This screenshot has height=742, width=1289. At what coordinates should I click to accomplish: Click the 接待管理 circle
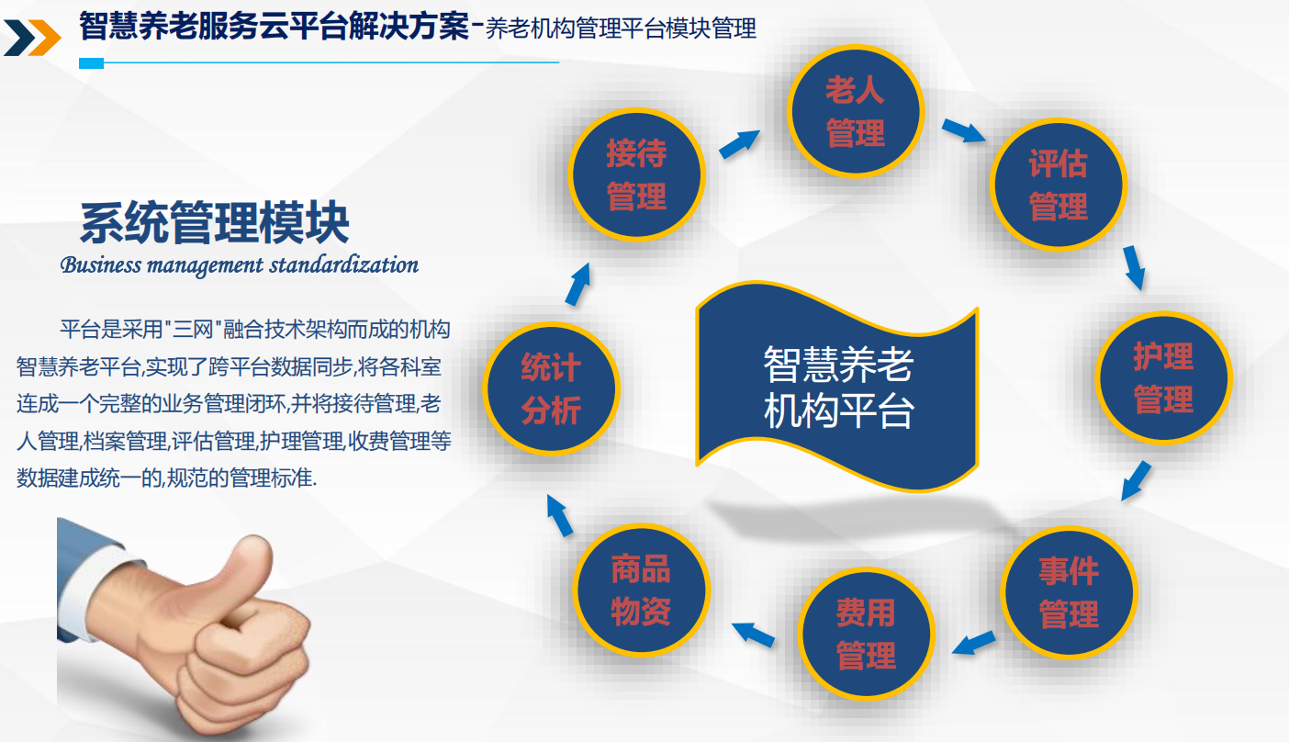pyautogui.click(x=636, y=174)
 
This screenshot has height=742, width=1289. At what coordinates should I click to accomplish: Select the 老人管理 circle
pyautogui.click(x=855, y=111)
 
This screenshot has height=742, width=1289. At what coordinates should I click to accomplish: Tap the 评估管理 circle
pyautogui.click(x=1059, y=185)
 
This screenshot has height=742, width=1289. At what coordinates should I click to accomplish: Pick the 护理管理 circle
pyautogui.click(x=1163, y=377)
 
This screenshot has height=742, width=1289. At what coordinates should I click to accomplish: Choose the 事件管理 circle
pyautogui.click(x=1069, y=592)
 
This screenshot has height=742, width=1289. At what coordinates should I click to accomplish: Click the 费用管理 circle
pyautogui.click(x=866, y=634)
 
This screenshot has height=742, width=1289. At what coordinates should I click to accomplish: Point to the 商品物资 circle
pyautogui.click(x=641, y=590)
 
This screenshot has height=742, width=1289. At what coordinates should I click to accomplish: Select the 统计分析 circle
pyautogui.click(x=551, y=389)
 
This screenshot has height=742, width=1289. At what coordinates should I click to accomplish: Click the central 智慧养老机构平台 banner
pyautogui.click(x=838, y=387)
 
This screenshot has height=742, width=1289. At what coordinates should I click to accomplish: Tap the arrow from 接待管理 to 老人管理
pyautogui.click(x=740, y=144)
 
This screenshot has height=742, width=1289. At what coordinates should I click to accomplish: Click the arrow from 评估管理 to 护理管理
pyautogui.click(x=1134, y=267)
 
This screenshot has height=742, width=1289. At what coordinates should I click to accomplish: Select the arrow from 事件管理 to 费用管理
pyautogui.click(x=974, y=643)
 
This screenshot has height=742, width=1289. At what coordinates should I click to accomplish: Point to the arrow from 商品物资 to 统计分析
pyautogui.click(x=559, y=516)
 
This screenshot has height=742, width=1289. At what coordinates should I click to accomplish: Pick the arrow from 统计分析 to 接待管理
pyautogui.click(x=578, y=284)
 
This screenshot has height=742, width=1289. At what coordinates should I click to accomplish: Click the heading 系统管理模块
pyautogui.click(x=215, y=223)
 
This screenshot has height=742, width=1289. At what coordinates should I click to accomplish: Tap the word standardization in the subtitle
pyautogui.click(x=343, y=264)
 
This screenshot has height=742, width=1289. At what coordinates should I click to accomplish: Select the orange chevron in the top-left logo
pyautogui.click(x=45, y=38)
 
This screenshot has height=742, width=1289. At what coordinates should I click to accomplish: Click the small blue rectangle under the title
pyautogui.click(x=91, y=63)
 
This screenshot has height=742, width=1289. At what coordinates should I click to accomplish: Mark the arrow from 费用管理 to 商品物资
pyautogui.click(x=753, y=635)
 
